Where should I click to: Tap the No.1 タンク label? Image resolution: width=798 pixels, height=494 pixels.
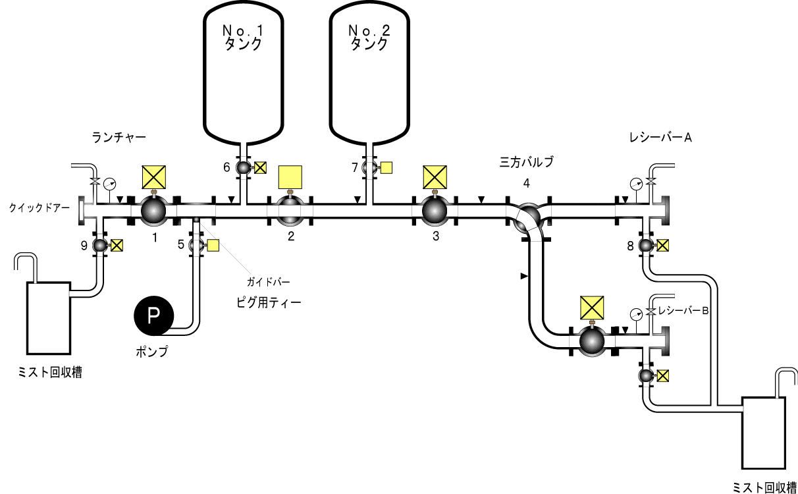pyautogui.click(x=243, y=38)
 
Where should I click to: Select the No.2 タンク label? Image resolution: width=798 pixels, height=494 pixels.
pyautogui.click(x=369, y=38)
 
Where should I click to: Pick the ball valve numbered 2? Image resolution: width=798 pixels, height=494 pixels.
pyautogui.click(x=290, y=210)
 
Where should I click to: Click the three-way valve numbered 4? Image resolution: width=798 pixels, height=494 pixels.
pyautogui.click(x=527, y=217)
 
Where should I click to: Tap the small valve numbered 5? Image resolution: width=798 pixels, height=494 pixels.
pyautogui.click(x=195, y=246)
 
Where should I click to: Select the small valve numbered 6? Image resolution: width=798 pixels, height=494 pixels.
pyautogui.click(x=243, y=168)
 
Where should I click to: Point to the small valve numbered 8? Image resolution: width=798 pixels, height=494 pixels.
pyautogui.click(x=647, y=246)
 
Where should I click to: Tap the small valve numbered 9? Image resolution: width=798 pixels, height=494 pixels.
pyautogui.click(x=100, y=246)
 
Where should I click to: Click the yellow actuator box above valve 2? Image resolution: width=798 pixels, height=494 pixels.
pyautogui.click(x=290, y=177)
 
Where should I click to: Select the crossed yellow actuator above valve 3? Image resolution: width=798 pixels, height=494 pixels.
pyautogui.click(x=435, y=177)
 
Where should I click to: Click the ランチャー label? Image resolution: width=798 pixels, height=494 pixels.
pyautogui.click(x=119, y=137)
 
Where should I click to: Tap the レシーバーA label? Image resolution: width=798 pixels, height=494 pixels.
pyautogui.click(x=660, y=137)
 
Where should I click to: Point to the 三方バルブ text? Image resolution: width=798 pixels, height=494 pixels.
pyautogui.click(x=527, y=161)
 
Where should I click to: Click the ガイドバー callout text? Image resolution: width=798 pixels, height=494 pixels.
pyautogui.click(x=268, y=282)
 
